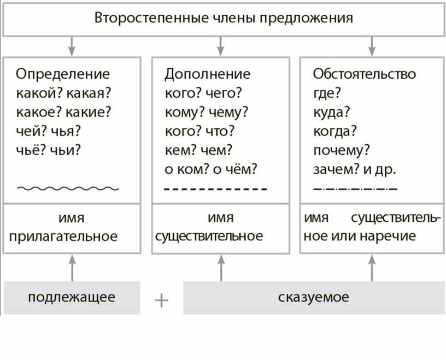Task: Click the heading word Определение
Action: point(63,74)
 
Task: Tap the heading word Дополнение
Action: point(207,74)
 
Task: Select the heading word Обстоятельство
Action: point(365,74)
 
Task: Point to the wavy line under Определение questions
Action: point(68,188)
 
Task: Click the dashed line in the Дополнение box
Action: point(215,188)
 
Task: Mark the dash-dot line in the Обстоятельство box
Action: point(355,188)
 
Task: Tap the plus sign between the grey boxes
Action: point(161,300)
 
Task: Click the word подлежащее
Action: point(72,297)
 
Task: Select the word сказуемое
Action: point(313,297)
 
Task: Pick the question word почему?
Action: point(341,151)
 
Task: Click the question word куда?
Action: point(331,113)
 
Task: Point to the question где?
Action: point(327,93)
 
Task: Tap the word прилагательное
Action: point(63,237)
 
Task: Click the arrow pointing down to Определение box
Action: point(72,46)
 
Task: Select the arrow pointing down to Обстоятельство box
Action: point(372,46)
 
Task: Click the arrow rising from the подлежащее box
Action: point(72,268)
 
